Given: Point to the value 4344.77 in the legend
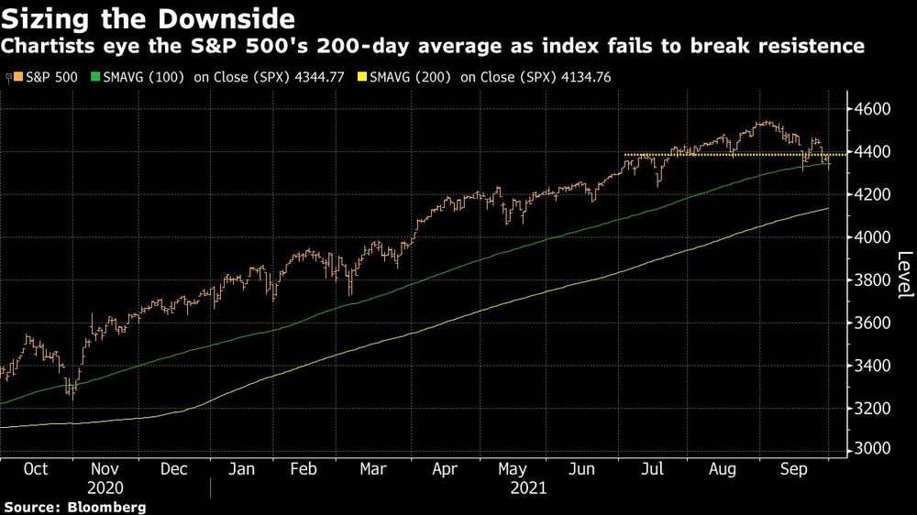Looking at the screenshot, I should click(x=317, y=77).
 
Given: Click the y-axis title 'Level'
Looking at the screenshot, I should click(x=904, y=274).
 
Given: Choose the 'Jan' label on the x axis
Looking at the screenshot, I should click(x=241, y=468).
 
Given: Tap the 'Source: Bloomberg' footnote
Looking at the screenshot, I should click(x=75, y=506).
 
